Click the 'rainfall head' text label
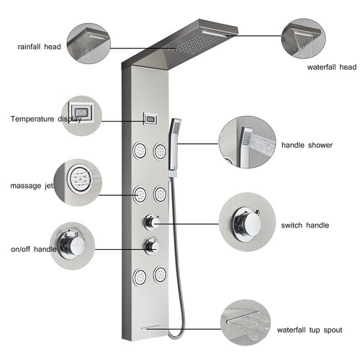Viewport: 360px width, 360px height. coord(40,48)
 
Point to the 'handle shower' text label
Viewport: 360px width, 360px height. coord(307,145)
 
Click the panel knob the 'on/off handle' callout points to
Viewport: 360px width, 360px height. coord(152,246)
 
